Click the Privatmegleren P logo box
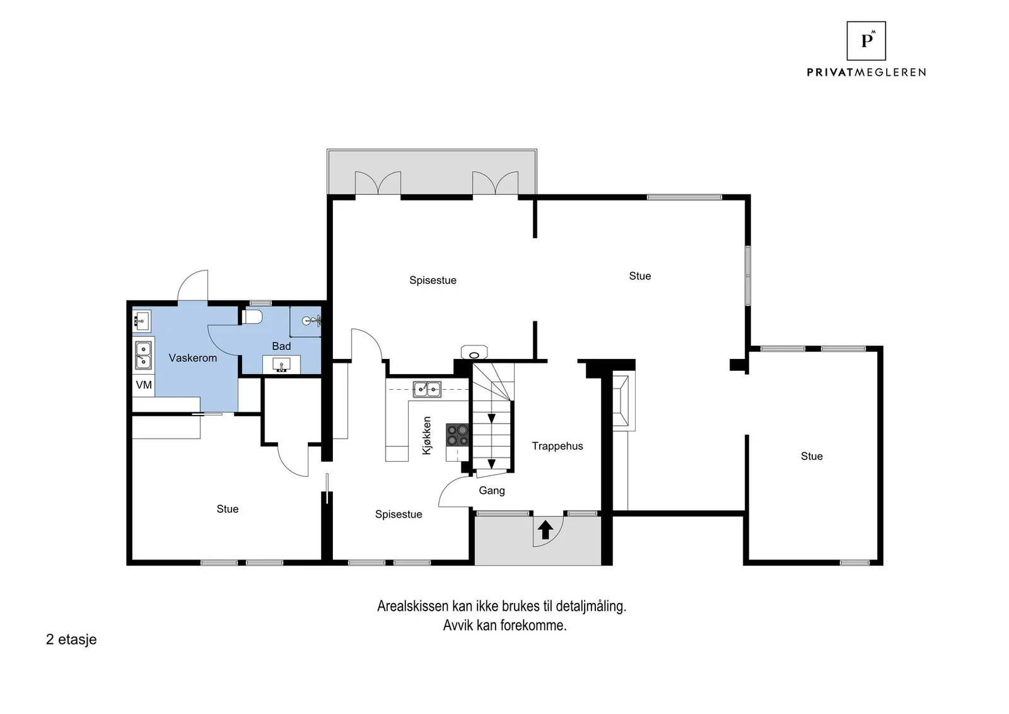[x=866, y=41]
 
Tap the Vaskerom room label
[x=193, y=358]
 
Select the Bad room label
[x=281, y=346]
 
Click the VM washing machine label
[x=144, y=385]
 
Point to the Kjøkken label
[x=426, y=435]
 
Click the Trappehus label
[x=557, y=446]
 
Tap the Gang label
[x=491, y=491]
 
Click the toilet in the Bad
[x=252, y=317]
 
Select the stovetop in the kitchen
[x=457, y=435]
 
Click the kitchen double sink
[x=427, y=389]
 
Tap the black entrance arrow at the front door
[x=545, y=530]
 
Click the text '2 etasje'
[x=71, y=640]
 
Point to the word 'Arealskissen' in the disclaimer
[x=413, y=606]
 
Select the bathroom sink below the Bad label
[x=281, y=365]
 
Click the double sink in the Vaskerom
[x=143, y=355]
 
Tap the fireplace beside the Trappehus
[x=622, y=401]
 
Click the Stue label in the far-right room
[x=812, y=456]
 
